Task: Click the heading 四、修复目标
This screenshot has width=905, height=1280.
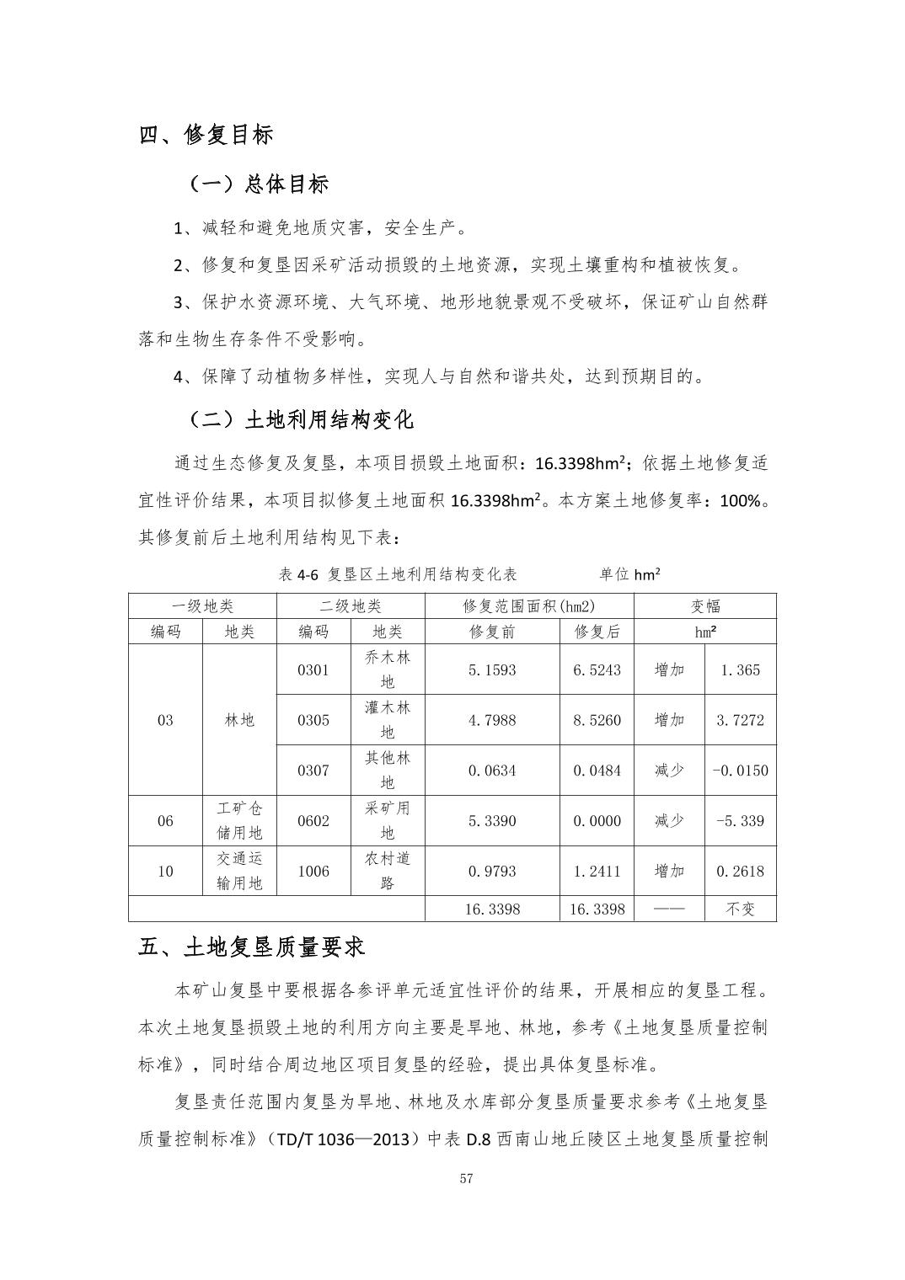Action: (206, 135)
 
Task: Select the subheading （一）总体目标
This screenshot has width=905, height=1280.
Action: (259, 184)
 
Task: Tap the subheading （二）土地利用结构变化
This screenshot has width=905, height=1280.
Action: (301, 419)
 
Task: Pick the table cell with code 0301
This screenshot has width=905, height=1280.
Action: (313, 670)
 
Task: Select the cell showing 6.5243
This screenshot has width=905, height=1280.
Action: (597, 670)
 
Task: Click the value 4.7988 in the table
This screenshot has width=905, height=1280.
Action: (492, 720)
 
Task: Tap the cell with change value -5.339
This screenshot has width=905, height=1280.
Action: (740, 820)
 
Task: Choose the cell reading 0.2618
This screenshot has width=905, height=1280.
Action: (740, 871)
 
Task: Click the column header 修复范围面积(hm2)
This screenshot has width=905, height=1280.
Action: (529, 606)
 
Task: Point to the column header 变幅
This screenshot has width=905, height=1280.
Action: (705, 606)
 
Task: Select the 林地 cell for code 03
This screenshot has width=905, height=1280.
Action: (239, 720)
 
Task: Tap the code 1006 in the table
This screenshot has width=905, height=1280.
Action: (313, 871)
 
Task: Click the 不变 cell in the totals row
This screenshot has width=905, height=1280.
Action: (740, 909)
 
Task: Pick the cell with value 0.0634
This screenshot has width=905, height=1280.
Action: (492, 770)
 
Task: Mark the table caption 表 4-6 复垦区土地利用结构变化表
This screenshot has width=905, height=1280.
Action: (397, 574)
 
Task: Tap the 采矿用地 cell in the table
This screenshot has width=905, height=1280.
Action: (387, 820)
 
